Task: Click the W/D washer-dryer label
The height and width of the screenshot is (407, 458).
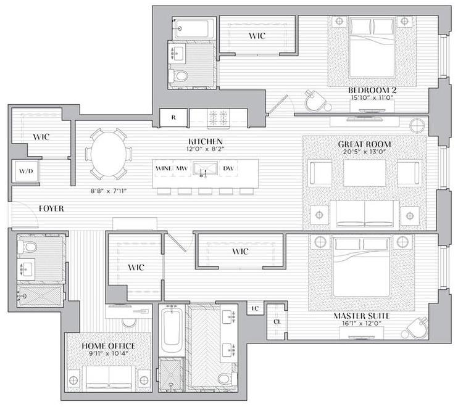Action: pos(25,171)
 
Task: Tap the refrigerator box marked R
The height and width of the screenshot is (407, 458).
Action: pos(174,117)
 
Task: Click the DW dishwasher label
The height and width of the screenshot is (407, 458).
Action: pos(228,168)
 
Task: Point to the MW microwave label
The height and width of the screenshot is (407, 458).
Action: pos(181,168)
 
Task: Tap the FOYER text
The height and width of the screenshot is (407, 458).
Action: pos(51,208)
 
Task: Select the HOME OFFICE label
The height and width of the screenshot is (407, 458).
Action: pos(109,346)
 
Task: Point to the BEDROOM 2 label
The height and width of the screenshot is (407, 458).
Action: pos(372,90)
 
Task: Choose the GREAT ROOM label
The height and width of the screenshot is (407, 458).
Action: pos(365,144)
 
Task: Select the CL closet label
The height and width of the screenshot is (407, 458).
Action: pos(277,321)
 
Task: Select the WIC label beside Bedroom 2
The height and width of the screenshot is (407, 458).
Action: pos(257,36)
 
